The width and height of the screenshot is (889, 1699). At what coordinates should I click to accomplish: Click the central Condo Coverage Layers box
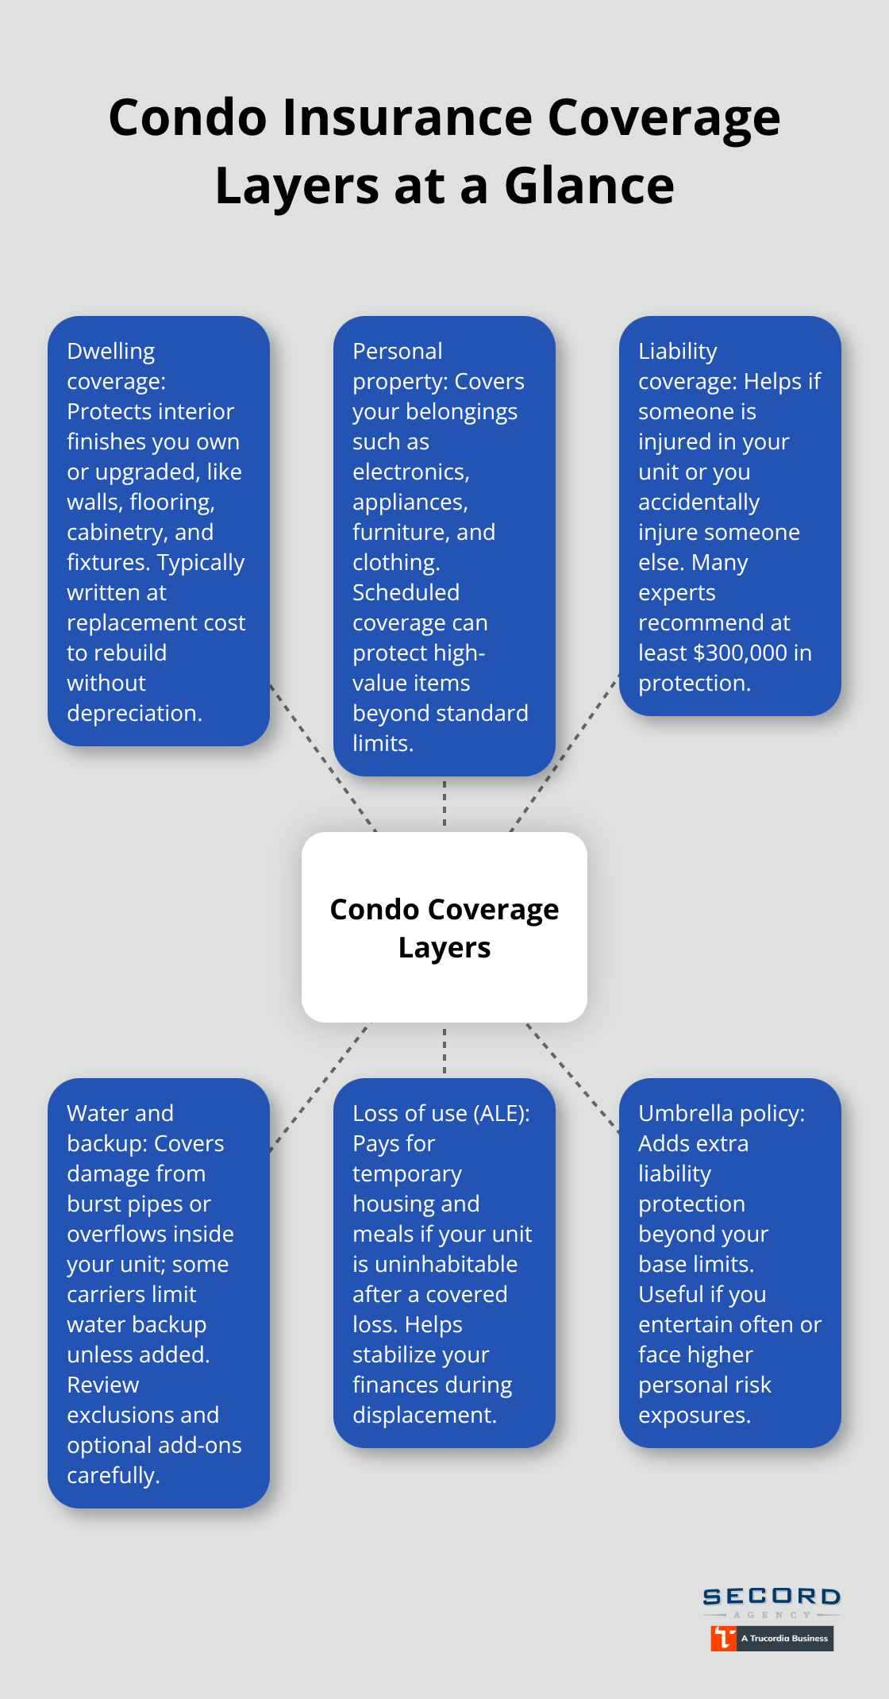pyautogui.click(x=444, y=927)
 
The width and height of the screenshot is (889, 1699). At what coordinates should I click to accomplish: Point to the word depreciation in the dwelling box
pyautogui.click(x=133, y=713)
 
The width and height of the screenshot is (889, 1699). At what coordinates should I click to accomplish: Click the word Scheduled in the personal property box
pyautogui.click(x=406, y=592)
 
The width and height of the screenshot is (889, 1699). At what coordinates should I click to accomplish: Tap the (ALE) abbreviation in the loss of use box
pyautogui.click(x=502, y=1113)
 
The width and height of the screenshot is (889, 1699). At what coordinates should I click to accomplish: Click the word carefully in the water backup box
pyautogui.click(x=113, y=1475)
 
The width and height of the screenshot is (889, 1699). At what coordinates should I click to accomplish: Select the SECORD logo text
pyautogui.click(x=772, y=1596)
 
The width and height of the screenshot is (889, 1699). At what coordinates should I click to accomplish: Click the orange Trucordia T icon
pyautogui.click(x=723, y=1638)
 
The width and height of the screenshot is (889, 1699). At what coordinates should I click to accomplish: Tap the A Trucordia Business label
pyautogui.click(x=784, y=1638)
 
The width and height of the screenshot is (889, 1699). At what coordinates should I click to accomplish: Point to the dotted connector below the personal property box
pyautogui.click(x=444, y=803)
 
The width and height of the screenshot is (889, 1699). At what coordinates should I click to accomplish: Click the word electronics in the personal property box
pyautogui.click(x=410, y=472)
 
